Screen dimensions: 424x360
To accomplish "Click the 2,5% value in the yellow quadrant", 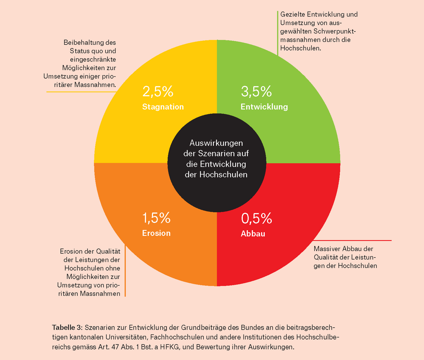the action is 158,91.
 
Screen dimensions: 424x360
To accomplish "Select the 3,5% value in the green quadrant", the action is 257,91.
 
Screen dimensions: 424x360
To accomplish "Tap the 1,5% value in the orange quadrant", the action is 156,218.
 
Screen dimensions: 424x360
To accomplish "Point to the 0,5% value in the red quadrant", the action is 257,218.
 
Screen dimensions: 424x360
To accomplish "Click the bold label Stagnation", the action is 163,107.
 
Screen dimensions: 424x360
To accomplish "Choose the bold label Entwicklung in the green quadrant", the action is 264,107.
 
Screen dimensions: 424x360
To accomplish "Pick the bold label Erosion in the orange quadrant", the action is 156,233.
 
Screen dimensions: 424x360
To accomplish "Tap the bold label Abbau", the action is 253,233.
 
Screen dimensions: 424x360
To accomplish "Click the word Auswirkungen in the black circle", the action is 216,143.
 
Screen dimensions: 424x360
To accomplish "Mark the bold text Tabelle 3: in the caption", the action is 67,327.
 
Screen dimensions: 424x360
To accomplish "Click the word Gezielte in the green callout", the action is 293,14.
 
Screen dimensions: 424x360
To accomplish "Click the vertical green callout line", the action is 277,33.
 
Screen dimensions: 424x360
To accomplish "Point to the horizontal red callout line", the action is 352,240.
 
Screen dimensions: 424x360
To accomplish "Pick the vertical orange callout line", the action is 125,271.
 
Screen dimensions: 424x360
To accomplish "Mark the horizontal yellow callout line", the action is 81,92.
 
